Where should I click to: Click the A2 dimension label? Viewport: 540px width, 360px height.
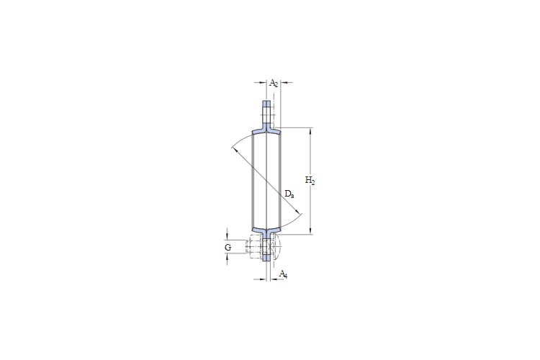(274, 84)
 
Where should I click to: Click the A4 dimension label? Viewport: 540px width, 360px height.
(283, 274)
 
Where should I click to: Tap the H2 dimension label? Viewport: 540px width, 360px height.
(310, 180)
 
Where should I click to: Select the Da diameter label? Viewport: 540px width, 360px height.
(288, 194)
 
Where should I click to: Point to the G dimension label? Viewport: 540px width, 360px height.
(228, 248)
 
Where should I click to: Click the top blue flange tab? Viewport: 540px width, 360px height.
(267, 113)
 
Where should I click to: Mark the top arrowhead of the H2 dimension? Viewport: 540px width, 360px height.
(312, 130)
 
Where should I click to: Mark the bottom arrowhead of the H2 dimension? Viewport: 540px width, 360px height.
(312, 232)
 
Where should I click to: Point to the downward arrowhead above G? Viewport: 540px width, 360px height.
(228, 237)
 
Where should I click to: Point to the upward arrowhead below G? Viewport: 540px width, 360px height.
(228, 258)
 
